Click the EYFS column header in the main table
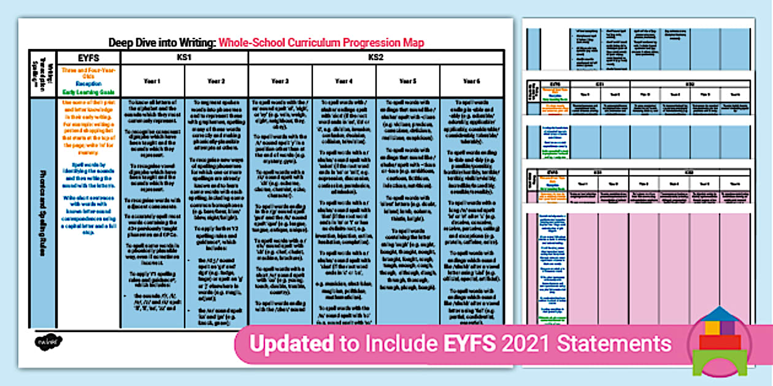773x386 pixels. (x=88, y=58)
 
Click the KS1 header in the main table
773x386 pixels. (x=184, y=58)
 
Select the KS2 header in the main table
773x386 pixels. (x=375, y=58)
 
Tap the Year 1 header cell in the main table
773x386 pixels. (x=152, y=81)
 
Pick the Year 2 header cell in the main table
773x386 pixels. (x=216, y=81)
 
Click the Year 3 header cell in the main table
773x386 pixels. (x=280, y=81)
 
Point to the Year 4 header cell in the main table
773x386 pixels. (x=344, y=81)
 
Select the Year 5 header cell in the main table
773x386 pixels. (x=407, y=81)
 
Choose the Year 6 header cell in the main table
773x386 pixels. (x=471, y=81)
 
